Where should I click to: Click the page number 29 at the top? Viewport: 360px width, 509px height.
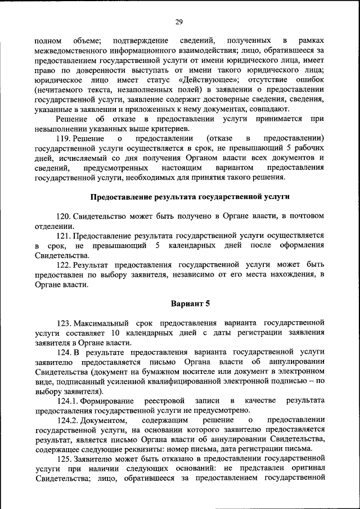coord(179,22)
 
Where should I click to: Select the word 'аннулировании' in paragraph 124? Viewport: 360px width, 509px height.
coord(293,362)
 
